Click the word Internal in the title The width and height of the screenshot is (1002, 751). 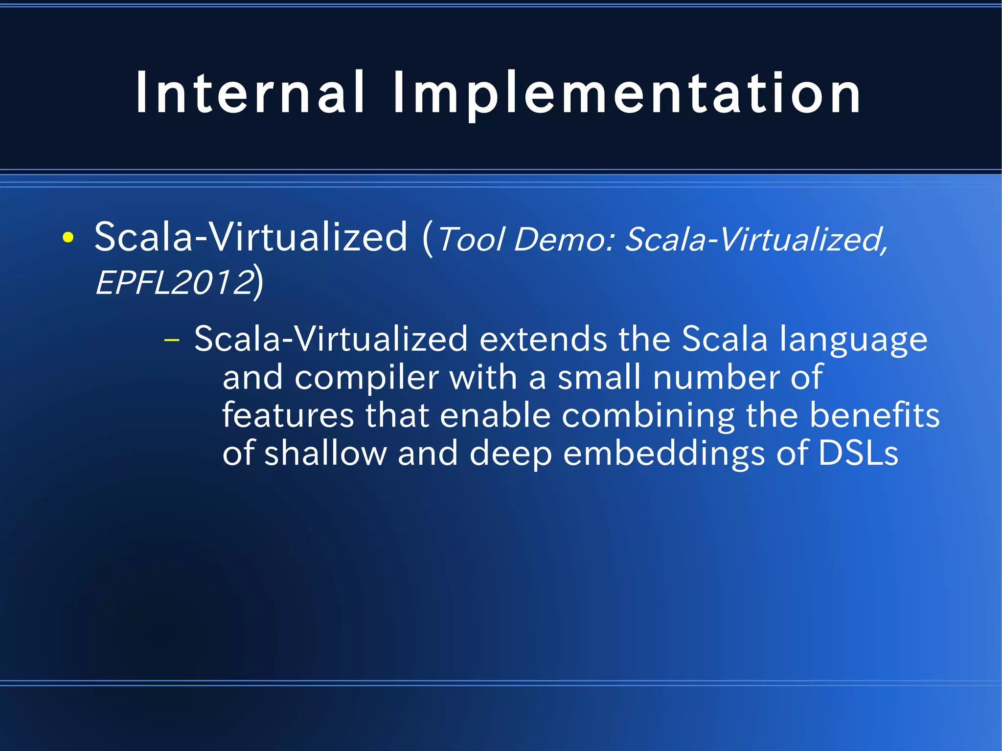(250, 93)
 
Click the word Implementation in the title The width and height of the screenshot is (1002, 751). (626, 93)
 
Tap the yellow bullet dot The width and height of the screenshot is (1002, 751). (68, 238)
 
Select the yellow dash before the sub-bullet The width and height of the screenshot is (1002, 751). (172, 340)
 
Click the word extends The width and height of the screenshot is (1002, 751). (543, 339)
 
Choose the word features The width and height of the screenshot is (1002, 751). (288, 415)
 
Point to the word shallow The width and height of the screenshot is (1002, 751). (325, 453)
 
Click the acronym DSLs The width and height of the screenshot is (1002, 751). (858, 453)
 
